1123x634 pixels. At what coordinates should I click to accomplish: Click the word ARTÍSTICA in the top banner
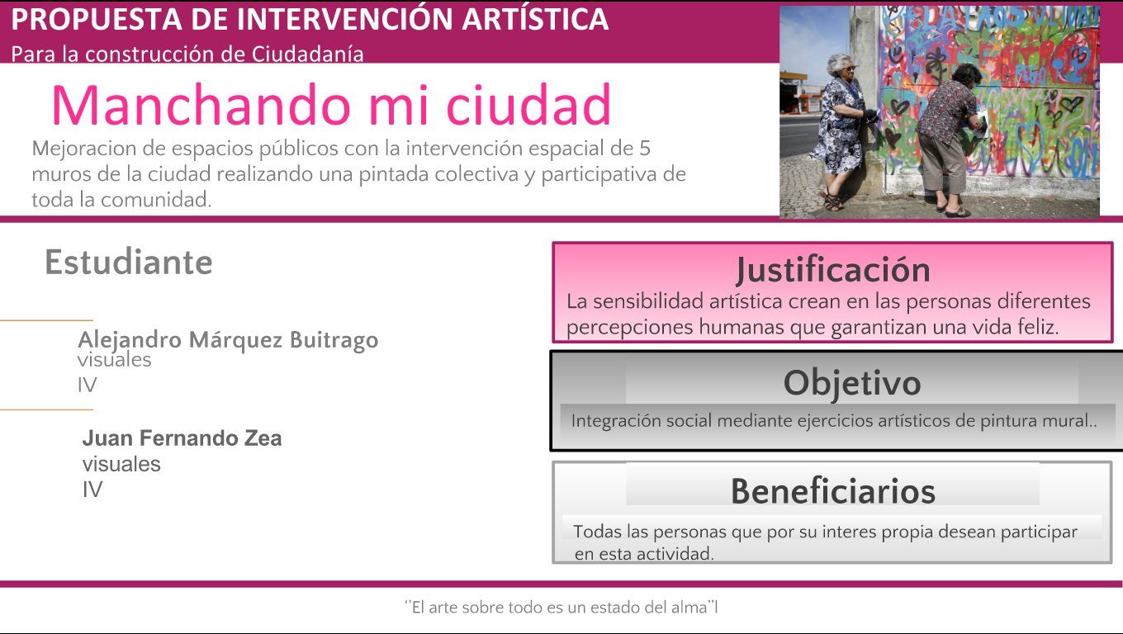tap(535, 19)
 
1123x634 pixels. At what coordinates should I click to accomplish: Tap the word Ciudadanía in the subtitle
tap(307, 54)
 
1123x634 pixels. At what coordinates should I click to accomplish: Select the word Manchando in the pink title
tap(201, 105)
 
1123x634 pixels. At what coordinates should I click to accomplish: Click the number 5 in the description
tap(645, 149)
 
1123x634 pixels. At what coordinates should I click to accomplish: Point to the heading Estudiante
tap(129, 263)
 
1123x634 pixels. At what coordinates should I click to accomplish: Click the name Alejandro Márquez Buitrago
tap(228, 340)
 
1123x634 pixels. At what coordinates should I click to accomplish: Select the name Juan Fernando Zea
tap(182, 438)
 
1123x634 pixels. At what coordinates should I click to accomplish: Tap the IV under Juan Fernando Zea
tap(92, 490)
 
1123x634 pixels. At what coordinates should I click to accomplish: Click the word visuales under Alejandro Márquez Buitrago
tap(114, 360)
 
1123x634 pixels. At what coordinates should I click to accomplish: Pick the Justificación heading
tap(833, 270)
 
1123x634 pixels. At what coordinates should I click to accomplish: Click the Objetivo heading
tap(852, 383)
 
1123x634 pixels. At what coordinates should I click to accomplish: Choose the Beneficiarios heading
tap(833, 491)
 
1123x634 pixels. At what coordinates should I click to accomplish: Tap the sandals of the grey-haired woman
tap(833, 201)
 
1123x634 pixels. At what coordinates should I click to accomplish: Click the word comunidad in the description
tap(156, 200)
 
